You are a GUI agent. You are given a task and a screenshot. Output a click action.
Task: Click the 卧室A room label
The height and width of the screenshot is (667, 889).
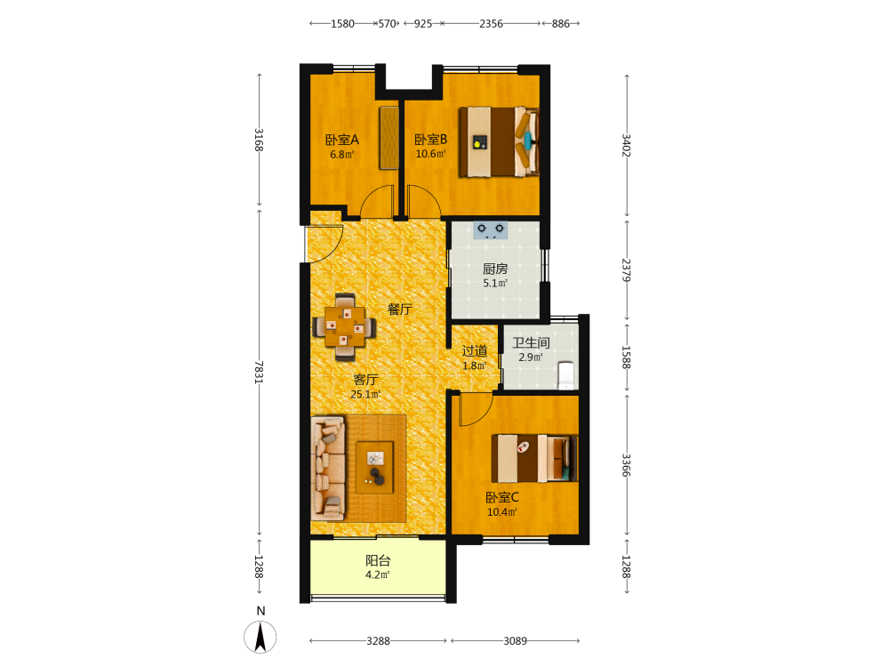342,140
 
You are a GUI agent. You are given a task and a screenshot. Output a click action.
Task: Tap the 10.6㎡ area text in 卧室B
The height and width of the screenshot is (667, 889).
431,154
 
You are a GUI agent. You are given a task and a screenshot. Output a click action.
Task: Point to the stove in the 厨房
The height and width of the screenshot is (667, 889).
491,230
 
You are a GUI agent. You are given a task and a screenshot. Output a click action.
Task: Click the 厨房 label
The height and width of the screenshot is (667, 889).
495,269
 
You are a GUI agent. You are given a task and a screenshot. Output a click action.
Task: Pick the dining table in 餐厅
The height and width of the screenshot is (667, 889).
344,327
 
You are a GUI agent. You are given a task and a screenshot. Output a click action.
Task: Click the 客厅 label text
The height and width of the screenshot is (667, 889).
365,380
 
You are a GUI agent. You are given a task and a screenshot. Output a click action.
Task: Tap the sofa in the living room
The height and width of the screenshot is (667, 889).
328,468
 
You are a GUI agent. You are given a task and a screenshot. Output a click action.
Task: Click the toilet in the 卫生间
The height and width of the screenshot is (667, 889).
565,375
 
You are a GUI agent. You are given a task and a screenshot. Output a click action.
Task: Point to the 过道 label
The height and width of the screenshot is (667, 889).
475,351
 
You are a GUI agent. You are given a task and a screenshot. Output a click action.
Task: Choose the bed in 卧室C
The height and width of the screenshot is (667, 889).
534,458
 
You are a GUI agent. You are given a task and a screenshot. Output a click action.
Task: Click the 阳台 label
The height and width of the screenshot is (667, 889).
378,561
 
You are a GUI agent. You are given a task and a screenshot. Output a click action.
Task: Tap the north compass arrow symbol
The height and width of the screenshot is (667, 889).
260,637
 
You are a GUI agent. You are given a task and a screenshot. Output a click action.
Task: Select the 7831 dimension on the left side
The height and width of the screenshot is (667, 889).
259,372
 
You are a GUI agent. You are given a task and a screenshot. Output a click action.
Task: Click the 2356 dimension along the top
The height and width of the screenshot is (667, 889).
491,24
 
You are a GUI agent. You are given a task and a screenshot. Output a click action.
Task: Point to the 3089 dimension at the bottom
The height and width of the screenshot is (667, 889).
515,641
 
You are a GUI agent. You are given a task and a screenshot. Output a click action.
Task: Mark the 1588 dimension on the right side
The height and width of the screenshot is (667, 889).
626,358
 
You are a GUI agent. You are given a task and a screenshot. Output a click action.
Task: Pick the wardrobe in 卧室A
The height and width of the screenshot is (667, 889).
389,137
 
